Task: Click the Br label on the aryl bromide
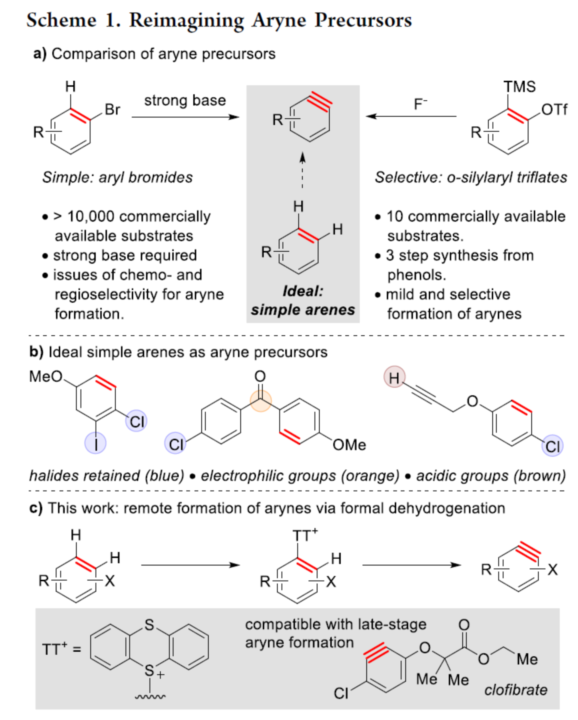(112, 109)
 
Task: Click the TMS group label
(519, 86)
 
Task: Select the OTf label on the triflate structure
(554, 109)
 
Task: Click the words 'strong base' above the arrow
(185, 100)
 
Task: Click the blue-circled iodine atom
(95, 442)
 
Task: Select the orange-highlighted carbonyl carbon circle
(260, 400)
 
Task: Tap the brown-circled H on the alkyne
(394, 377)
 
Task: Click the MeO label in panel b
(46, 376)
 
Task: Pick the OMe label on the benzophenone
(349, 444)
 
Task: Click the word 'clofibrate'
(515, 690)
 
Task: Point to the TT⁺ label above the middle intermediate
(304, 535)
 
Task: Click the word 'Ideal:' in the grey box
(302, 291)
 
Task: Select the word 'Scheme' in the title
(61, 20)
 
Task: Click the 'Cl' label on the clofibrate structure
(341, 693)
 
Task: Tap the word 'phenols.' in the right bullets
(416, 275)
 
